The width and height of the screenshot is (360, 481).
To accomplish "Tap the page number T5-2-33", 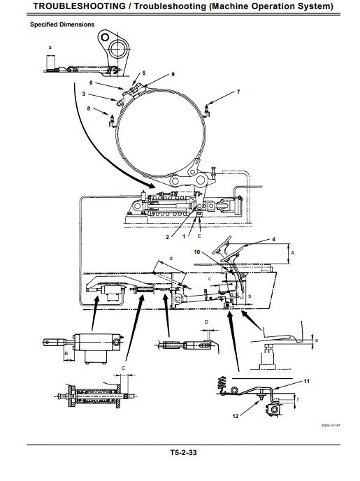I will click(x=180, y=453).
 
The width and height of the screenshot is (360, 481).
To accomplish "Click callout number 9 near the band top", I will click(x=153, y=74).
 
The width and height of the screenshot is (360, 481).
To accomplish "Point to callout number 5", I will click(x=145, y=73).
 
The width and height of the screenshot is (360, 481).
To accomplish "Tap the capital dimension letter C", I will click(x=123, y=367).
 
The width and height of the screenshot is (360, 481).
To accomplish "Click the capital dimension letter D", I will click(x=206, y=322).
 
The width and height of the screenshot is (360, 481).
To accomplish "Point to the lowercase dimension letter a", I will click(x=50, y=47).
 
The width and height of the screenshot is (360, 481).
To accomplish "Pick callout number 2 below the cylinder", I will click(x=168, y=238).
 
